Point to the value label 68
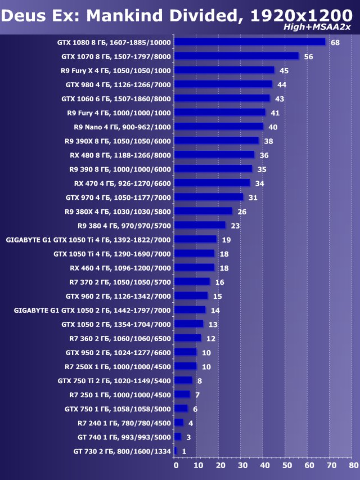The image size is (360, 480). coord(335,43)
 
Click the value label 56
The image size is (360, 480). coord(308,57)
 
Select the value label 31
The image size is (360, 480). coord(253,198)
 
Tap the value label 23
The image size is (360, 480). coord(235,226)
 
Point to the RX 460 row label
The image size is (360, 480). coord(120,268)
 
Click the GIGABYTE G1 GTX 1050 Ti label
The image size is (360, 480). coord(88,240)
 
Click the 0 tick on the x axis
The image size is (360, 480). coord(175,466)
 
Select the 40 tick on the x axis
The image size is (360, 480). coord(264,466)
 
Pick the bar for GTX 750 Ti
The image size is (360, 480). coord(183,380)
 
